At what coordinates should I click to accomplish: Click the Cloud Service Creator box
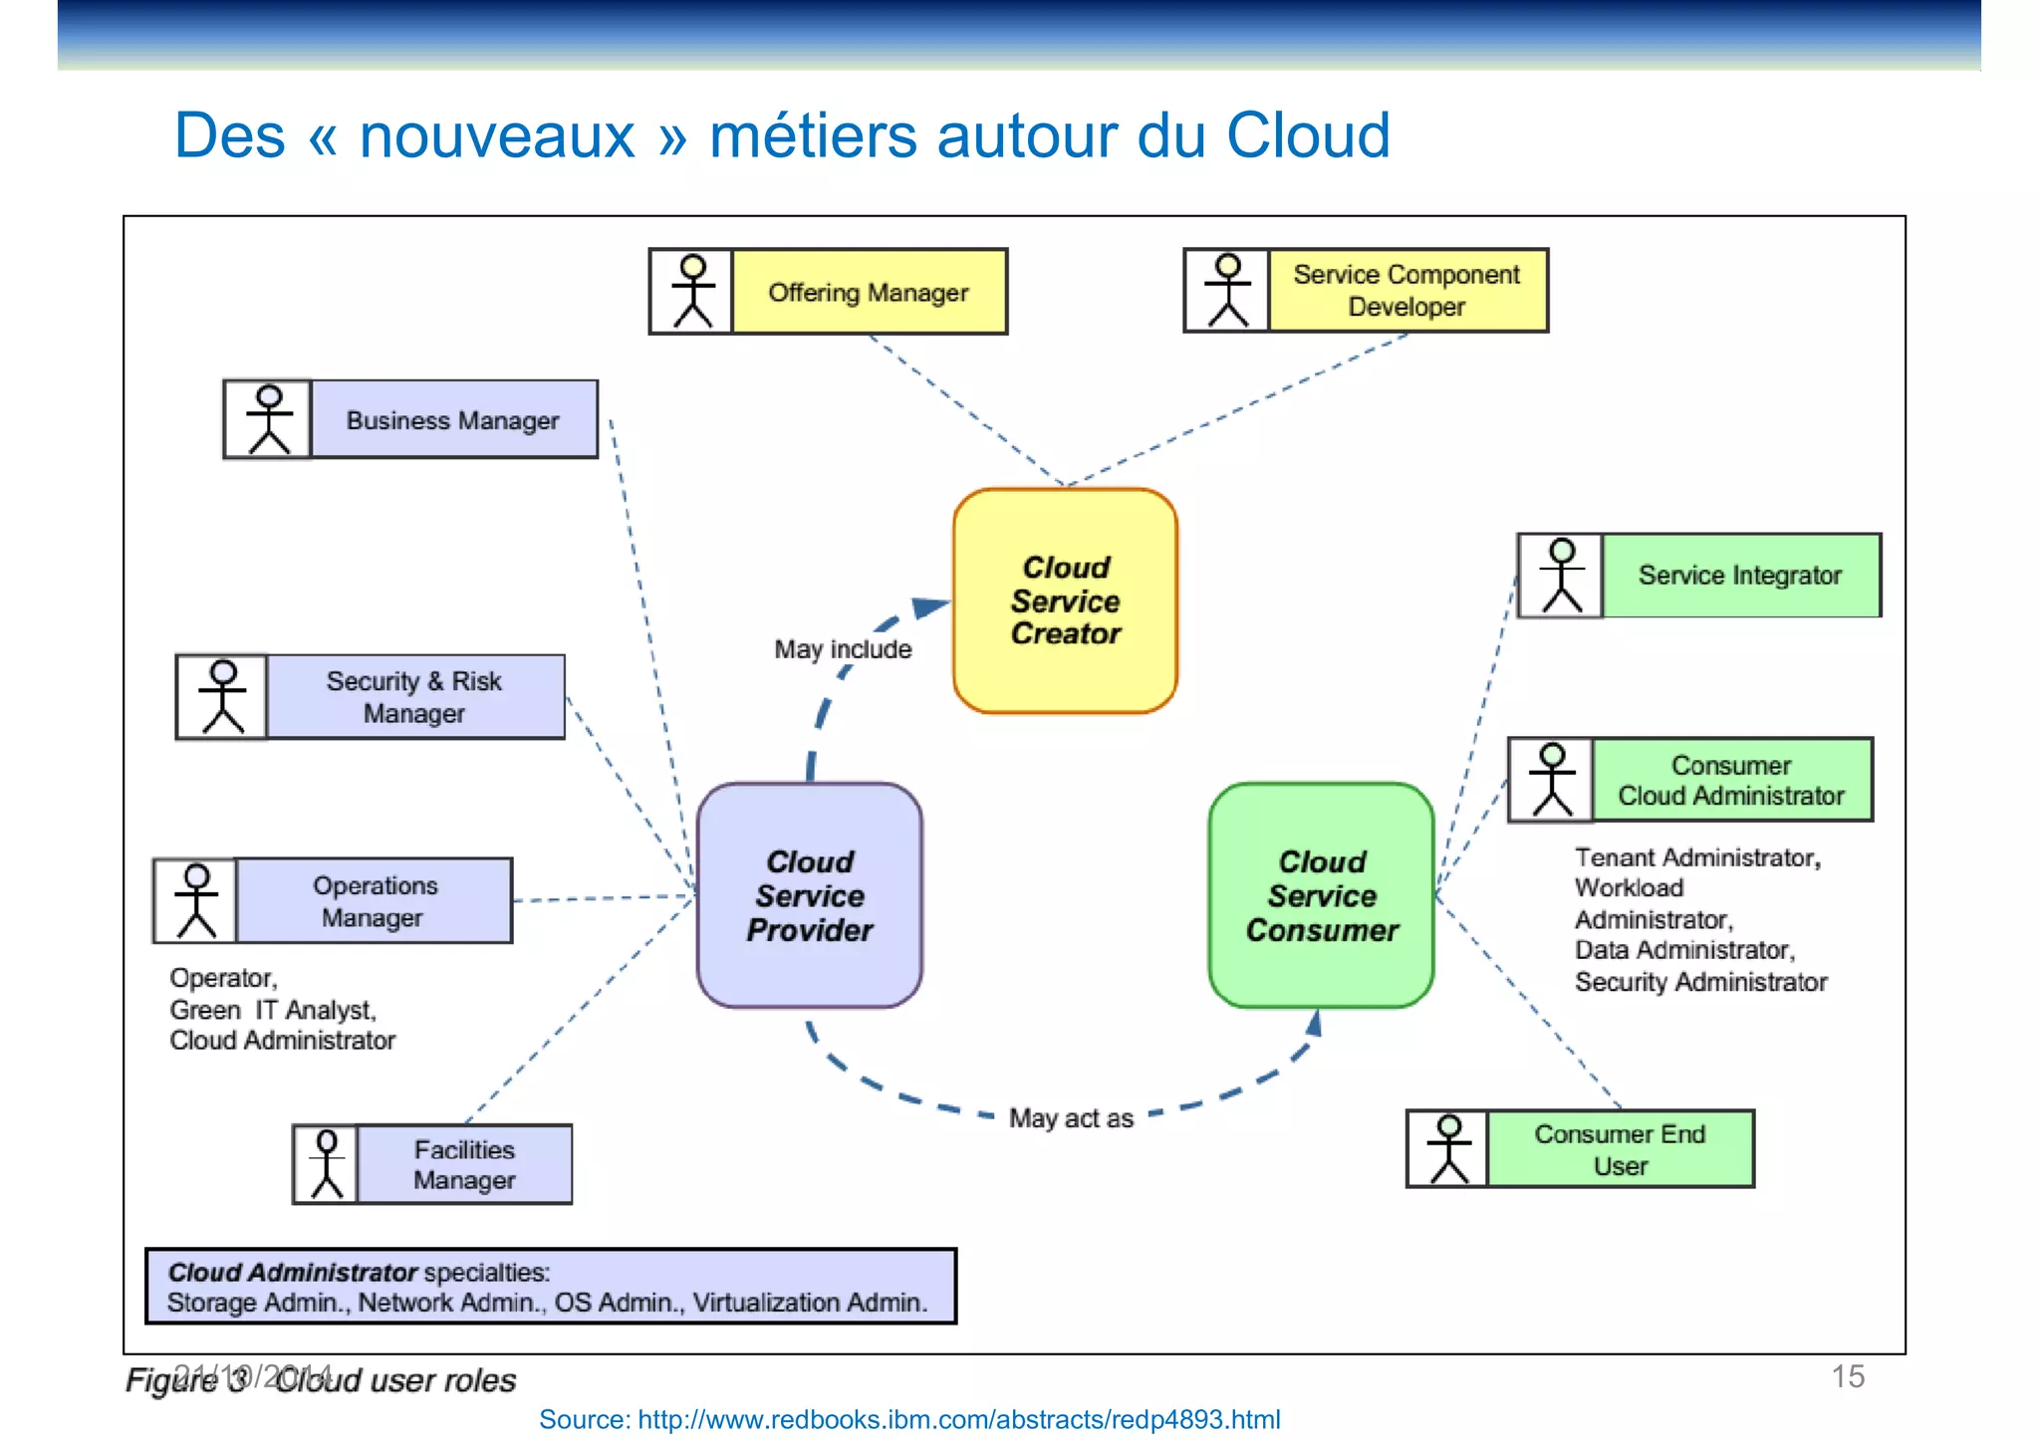pos(1065,601)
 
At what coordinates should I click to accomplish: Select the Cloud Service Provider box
pos(809,895)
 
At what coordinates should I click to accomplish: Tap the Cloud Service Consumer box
pos(1321,895)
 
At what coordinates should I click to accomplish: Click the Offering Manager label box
pos(869,292)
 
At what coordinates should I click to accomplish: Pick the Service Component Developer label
pos(1406,290)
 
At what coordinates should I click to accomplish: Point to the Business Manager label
pos(453,420)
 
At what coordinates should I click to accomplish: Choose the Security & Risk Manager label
pos(414,697)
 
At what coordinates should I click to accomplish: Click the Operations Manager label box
pos(374,901)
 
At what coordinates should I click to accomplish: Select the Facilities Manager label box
pos(464,1164)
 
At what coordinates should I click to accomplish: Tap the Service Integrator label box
pos(1740,576)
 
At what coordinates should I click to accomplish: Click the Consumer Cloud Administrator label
pos(1731,780)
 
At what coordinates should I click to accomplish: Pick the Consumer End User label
pos(1620,1149)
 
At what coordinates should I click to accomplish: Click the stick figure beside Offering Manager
pos(692,291)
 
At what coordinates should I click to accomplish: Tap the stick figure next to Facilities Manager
pos(327,1164)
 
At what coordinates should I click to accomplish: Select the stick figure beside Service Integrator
pos(1561,576)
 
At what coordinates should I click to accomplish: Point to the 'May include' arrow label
pos(843,649)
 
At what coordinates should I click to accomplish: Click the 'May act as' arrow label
pos(1071,1118)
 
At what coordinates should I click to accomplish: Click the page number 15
pos(1848,1376)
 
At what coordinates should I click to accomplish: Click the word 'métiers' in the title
pos(813,135)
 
